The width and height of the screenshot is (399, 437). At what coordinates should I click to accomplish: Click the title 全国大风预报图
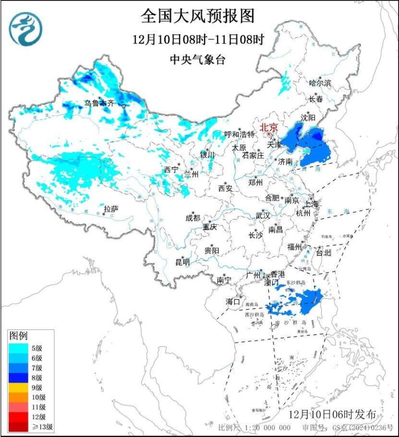[198, 16]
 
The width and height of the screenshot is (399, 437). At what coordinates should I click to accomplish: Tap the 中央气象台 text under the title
[198, 60]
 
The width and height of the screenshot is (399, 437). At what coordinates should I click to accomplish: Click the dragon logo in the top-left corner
[25, 28]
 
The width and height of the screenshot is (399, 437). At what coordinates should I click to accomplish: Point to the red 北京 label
[269, 127]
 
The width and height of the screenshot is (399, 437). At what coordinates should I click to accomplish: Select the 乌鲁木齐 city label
[99, 103]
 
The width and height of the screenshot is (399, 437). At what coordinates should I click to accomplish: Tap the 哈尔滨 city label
[320, 83]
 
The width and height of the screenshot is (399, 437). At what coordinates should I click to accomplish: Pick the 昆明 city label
[183, 261]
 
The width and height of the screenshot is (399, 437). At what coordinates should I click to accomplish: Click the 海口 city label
[233, 301]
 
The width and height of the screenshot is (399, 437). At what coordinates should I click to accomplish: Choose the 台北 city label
[323, 252]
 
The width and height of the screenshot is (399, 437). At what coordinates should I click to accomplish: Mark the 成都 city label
[193, 218]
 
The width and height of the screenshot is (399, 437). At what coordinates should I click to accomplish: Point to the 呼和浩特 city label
[239, 135]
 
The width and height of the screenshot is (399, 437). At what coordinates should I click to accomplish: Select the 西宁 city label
[171, 170]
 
